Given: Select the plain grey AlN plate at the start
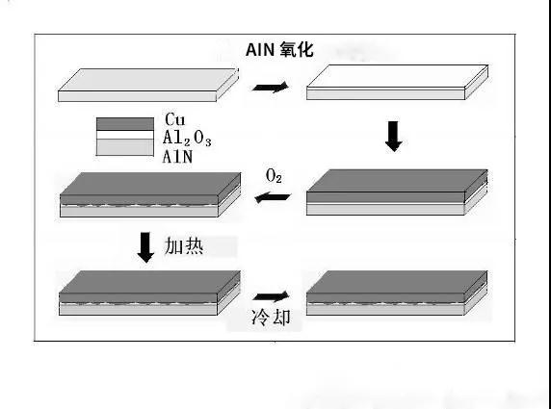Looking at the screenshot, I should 145,86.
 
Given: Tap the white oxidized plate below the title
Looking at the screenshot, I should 394,84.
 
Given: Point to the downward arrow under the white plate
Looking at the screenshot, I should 392,136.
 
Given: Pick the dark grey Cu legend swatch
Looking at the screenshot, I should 124,123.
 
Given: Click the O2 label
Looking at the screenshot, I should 274,177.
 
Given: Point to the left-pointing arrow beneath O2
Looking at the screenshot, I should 275,197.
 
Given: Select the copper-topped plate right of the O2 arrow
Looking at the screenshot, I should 394,192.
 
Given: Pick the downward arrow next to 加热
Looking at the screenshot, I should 145,246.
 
